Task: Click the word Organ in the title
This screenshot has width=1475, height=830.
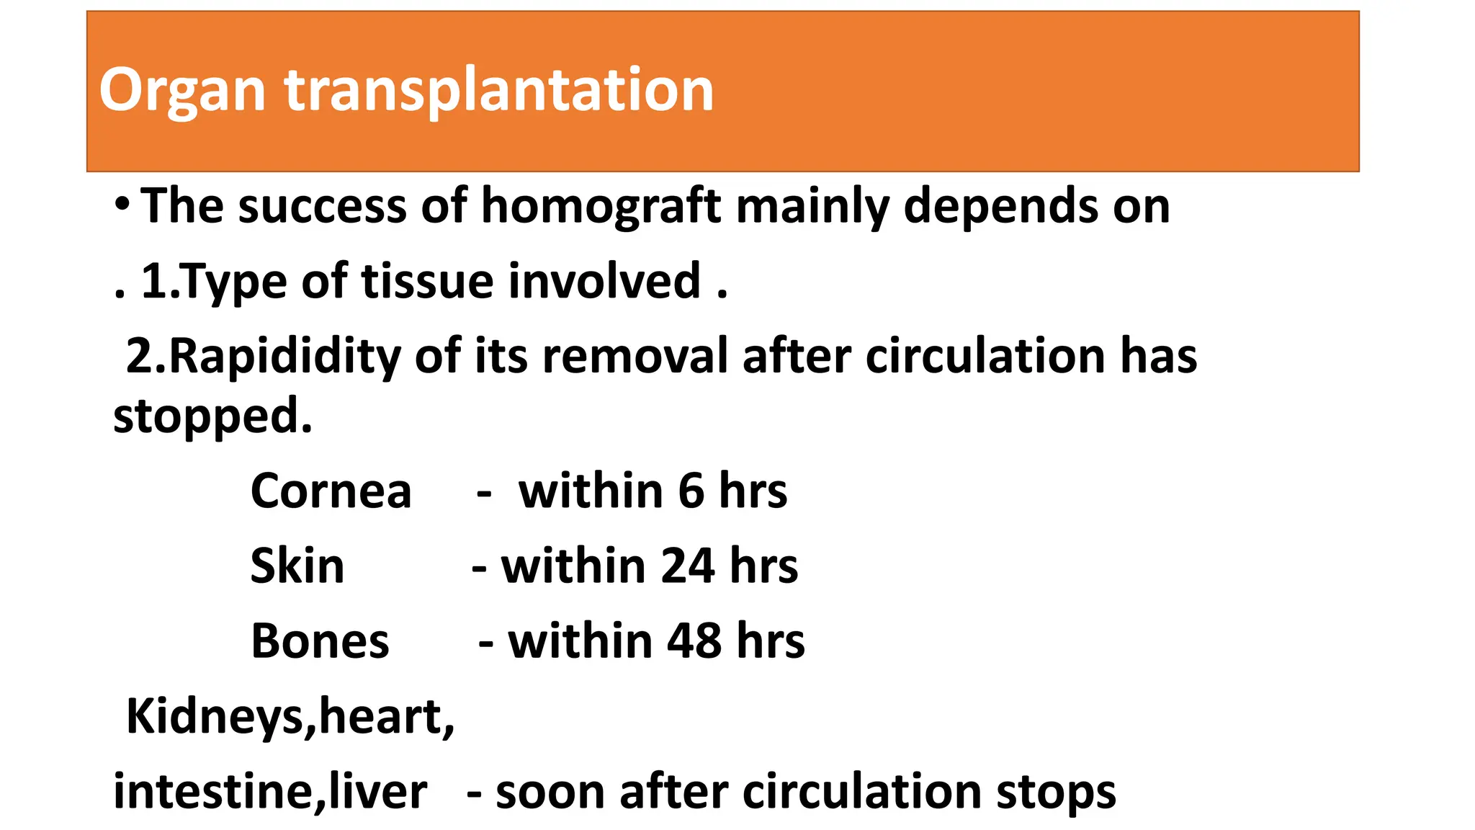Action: (182, 91)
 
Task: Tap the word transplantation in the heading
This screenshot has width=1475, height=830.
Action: (498, 91)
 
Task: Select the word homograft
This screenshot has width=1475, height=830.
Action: (601, 207)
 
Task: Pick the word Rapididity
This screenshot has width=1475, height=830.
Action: (284, 357)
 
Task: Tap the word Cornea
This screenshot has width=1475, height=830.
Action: (331, 491)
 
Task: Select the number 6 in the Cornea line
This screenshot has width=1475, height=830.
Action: (691, 491)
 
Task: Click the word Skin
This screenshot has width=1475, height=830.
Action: (297, 566)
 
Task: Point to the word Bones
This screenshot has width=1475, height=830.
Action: (320, 641)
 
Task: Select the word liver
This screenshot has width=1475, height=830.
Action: (377, 792)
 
